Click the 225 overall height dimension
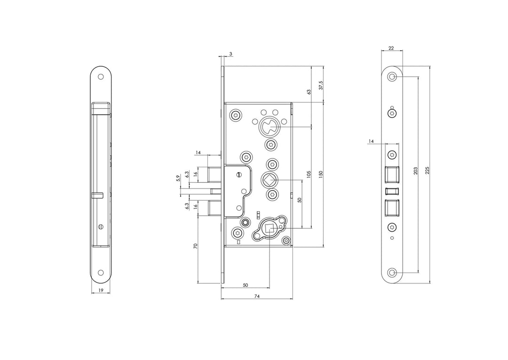pyautogui.click(x=427, y=171)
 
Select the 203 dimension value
pyautogui.click(x=415, y=171)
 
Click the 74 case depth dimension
pyautogui.click(x=257, y=296)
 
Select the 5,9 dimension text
pyautogui.click(x=177, y=179)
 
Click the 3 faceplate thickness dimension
pyautogui.click(x=230, y=54)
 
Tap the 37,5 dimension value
pyautogui.click(x=321, y=85)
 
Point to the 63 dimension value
pyautogui.click(x=309, y=92)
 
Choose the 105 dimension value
pyautogui.click(x=309, y=175)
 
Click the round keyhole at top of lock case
pyautogui.click(x=269, y=126)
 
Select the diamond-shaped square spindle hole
pyautogui.click(x=269, y=180)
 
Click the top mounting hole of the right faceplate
pyautogui.click(x=393, y=77)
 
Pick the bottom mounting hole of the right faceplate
pyautogui.click(x=393, y=273)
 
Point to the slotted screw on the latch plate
pyautogui.click(x=239, y=175)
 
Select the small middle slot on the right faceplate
pyautogui.click(x=392, y=191)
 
